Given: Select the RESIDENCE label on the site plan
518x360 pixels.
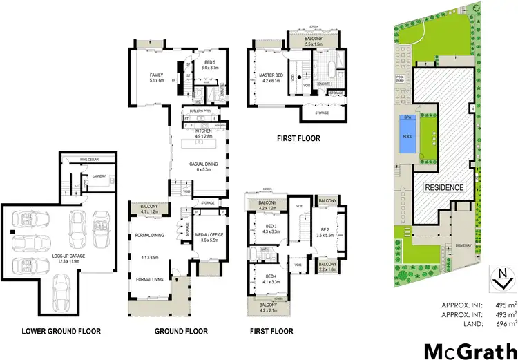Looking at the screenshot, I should [444, 187].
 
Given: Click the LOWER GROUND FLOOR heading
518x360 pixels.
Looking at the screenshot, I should [61, 332].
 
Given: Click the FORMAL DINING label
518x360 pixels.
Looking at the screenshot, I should [149, 236].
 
